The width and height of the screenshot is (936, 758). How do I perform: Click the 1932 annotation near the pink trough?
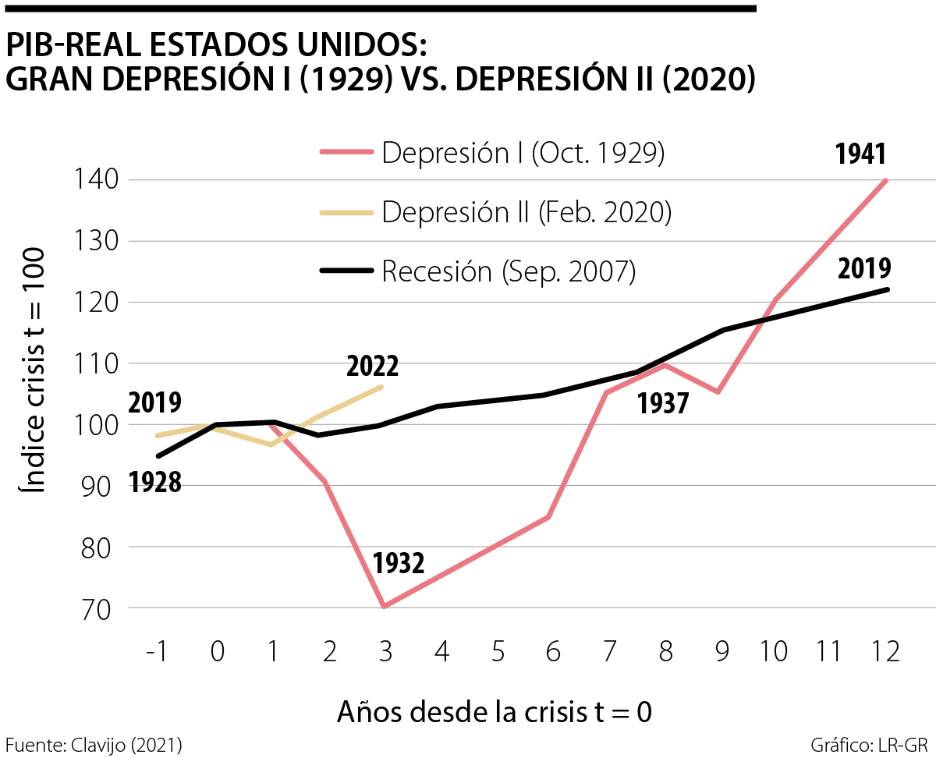[398, 563]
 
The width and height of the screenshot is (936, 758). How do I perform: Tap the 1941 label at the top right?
[860, 154]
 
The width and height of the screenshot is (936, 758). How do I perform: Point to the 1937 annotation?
[663, 403]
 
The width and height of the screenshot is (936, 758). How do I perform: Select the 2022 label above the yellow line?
[372, 365]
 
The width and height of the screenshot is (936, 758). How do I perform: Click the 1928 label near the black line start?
[155, 483]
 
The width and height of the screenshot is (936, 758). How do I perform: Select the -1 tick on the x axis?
[158, 652]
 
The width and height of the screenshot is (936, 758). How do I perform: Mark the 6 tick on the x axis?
[552, 652]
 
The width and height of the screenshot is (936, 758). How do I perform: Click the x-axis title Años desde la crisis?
[495, 712]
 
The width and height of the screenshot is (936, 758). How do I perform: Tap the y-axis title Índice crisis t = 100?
[32, 370]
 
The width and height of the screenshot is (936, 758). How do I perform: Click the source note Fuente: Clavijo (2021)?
[94, 744]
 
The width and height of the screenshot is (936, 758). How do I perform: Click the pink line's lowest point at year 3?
[385, 606]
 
